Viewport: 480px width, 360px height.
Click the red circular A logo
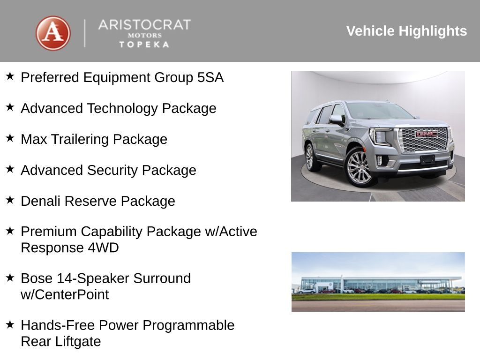tap(53, 33)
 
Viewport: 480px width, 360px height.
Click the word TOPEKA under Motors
tap(144, 45)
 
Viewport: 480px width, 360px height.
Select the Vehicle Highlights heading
tap(406, 31)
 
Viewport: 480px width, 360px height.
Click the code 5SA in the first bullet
tap(210, 77)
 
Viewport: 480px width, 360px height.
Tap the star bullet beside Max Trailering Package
tap(10, 138)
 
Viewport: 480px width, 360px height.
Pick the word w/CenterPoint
tap(65, 295)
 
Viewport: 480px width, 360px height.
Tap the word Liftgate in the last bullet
tap(78, 341)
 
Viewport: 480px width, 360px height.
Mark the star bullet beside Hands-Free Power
tap(10, 324)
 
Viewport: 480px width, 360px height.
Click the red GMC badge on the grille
tap(426, 134)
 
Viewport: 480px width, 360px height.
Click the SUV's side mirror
tap(336, 120)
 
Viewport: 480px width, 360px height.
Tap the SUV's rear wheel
tap(310, 157)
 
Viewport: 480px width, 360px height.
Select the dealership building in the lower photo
tap(375, 284)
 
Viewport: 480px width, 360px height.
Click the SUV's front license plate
tap(427, 159)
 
